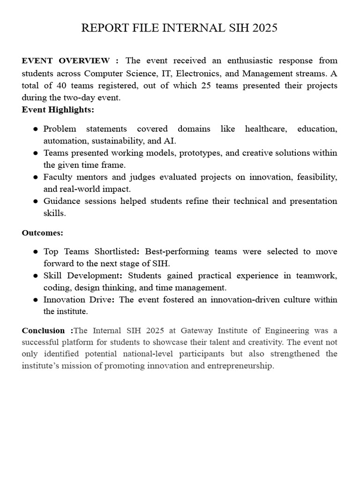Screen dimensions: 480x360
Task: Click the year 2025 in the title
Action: pos(265,28)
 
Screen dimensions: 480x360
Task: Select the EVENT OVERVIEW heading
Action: pos(66,61)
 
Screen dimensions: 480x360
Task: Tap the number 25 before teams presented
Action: pos(206,85)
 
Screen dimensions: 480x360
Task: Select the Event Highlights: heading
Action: pos(58,110)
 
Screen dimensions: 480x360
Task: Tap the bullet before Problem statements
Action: pos(36,129)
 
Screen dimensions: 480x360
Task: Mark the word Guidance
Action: pos(61,201)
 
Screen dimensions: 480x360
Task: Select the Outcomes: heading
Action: pos(43,232)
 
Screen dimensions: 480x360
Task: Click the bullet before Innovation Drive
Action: pos(36,300)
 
